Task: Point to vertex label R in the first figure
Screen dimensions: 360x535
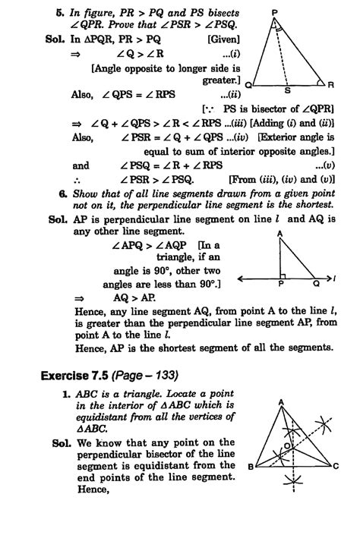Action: coord(341,83)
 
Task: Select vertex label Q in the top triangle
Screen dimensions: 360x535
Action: coord(248,84)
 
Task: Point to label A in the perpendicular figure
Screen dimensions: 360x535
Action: coord(280,233)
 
